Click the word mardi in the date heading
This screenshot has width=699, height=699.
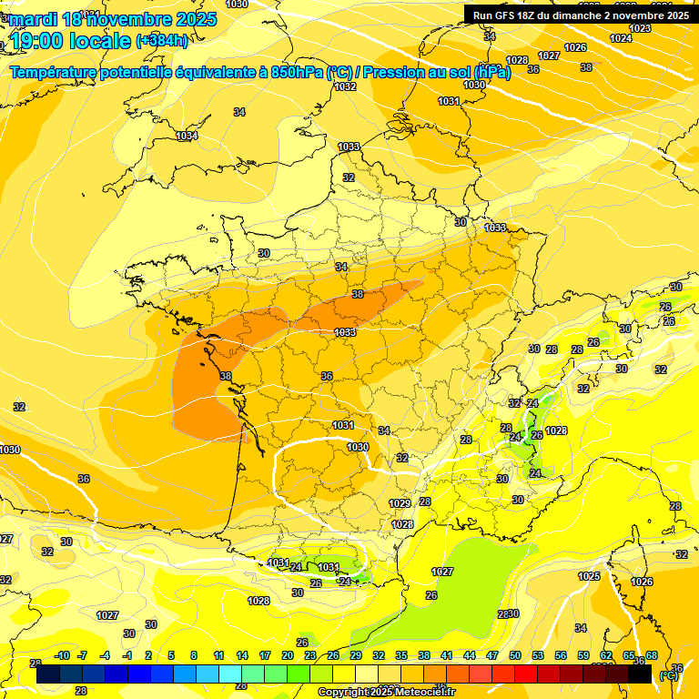click(x=34, y=19)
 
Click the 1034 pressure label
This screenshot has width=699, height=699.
click(x=187, y=136)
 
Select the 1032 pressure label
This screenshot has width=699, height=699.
click(x=345, y=87)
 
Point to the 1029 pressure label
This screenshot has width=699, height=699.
click(x=400, y=503)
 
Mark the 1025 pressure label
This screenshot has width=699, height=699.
click(x=589, y=576)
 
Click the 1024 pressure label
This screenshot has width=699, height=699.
click(x=621, y=38)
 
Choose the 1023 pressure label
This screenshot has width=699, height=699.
click(x=640, y=28)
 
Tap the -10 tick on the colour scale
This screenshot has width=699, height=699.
click(x=62, y=655)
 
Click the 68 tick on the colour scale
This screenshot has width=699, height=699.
click(x=652, y=655)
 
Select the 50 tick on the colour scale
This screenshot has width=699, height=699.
click(x=515, y=655)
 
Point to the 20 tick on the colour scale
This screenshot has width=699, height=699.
click(x=288, y=655)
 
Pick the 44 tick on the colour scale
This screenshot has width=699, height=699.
click(x=470, y=655)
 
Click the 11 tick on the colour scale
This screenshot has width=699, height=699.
click(x=218, y=655)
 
